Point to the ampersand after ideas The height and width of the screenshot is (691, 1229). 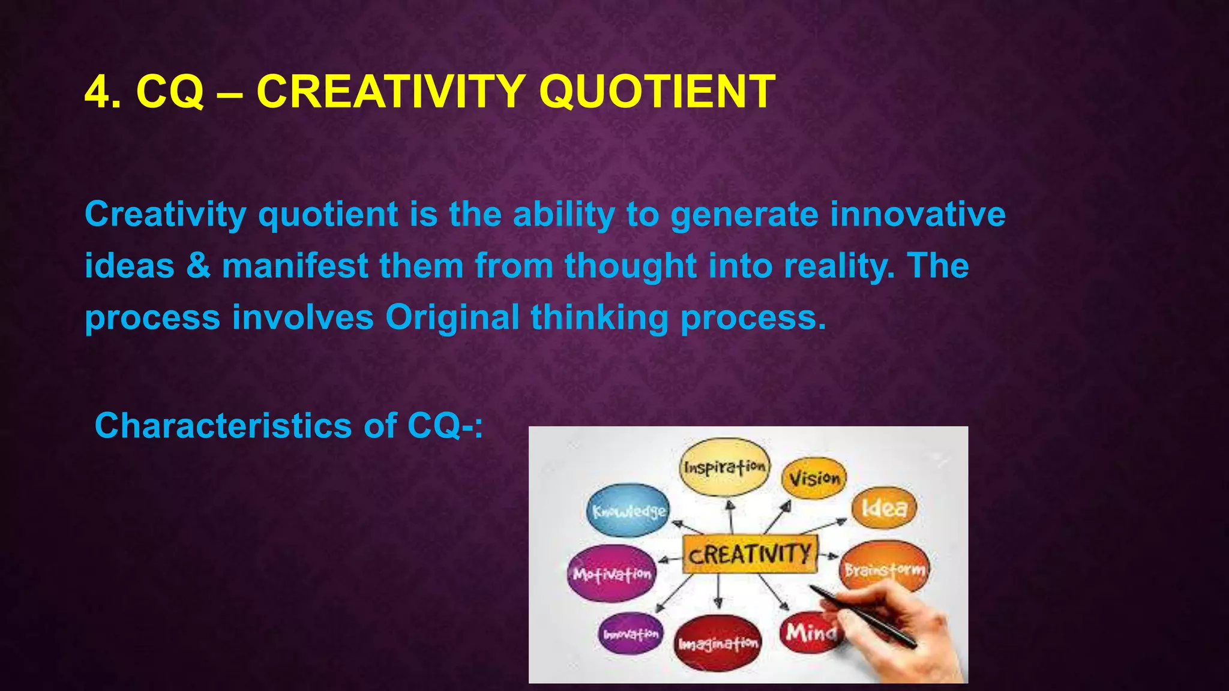pos(198,266)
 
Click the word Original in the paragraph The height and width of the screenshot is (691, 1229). pos(452,317)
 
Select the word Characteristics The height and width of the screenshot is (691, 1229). pos(223,426)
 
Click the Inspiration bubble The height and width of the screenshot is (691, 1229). pos(725,467)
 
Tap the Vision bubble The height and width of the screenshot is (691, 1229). pos(814,478)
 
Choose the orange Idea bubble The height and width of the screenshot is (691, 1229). pos(884,508)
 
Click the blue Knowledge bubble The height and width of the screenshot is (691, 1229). pos(628,511)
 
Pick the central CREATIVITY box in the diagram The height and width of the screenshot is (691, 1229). pos(750,554)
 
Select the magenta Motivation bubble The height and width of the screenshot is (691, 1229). pos(611,574)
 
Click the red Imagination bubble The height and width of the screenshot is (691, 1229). pos(718,644)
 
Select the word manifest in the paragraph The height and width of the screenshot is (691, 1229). pos(295,266)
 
